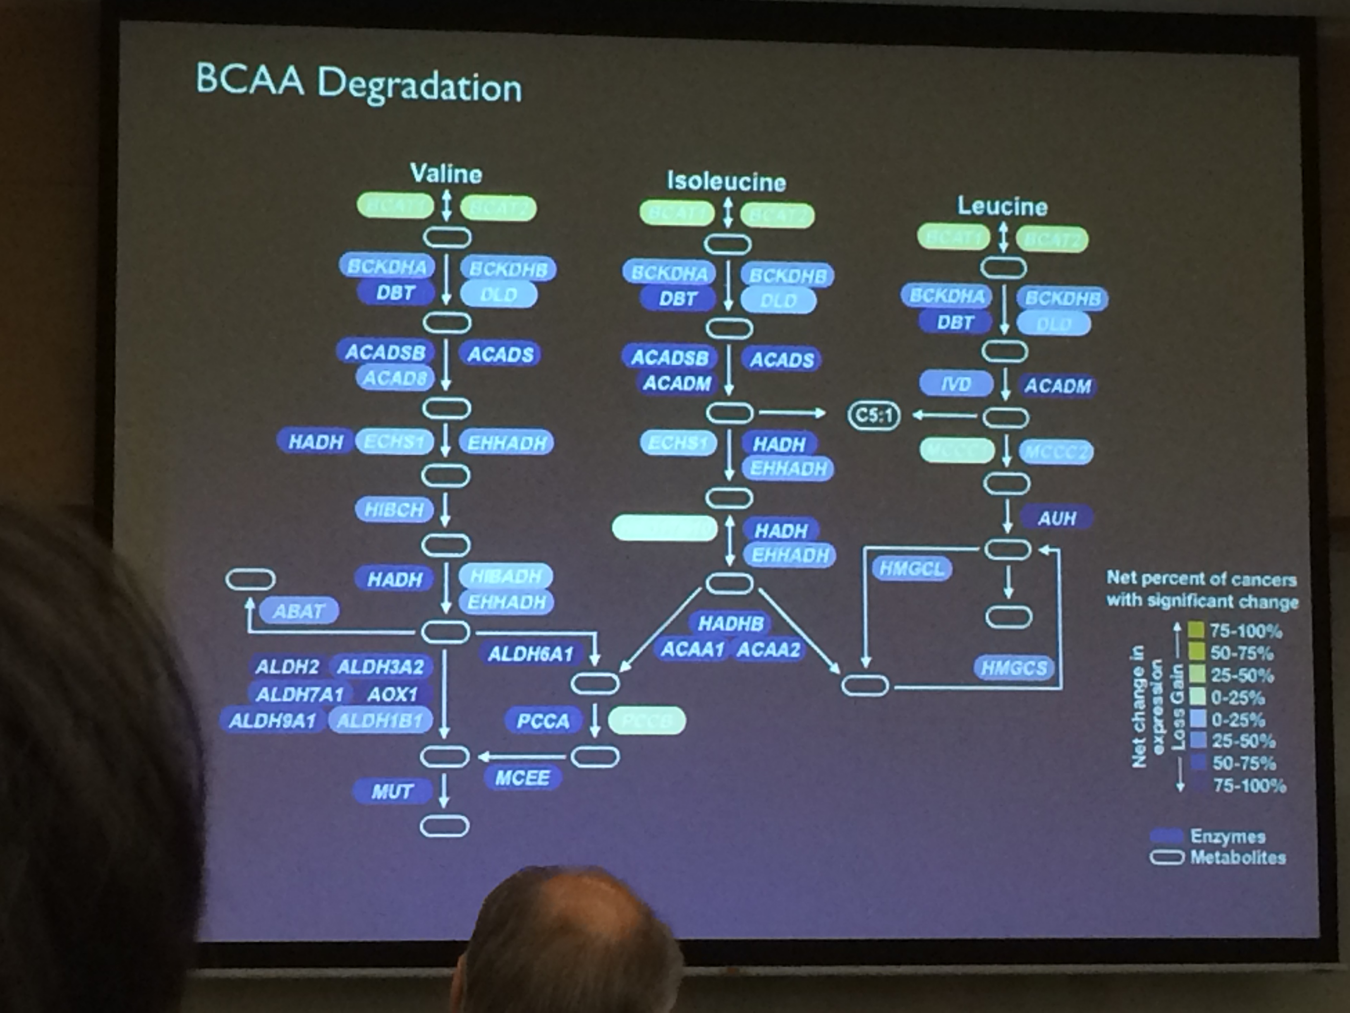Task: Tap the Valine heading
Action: [x=446, y=174]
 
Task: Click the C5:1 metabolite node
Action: [x=874, y=416]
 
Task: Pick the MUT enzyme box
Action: [x=393, y=791]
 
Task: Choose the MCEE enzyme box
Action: [x=522, y=778]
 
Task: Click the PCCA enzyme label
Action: [x=543, y=721]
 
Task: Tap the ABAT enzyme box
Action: [x=299, y=611]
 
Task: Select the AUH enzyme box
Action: [x=1056, y=519]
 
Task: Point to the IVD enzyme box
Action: [x=955, y=384]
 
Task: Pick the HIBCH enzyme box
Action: [x=394, y=509]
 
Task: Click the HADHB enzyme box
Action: [x=730, y=624]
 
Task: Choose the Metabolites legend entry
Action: [x=1237, y=857]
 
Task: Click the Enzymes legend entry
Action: [x=1227, y=836]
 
